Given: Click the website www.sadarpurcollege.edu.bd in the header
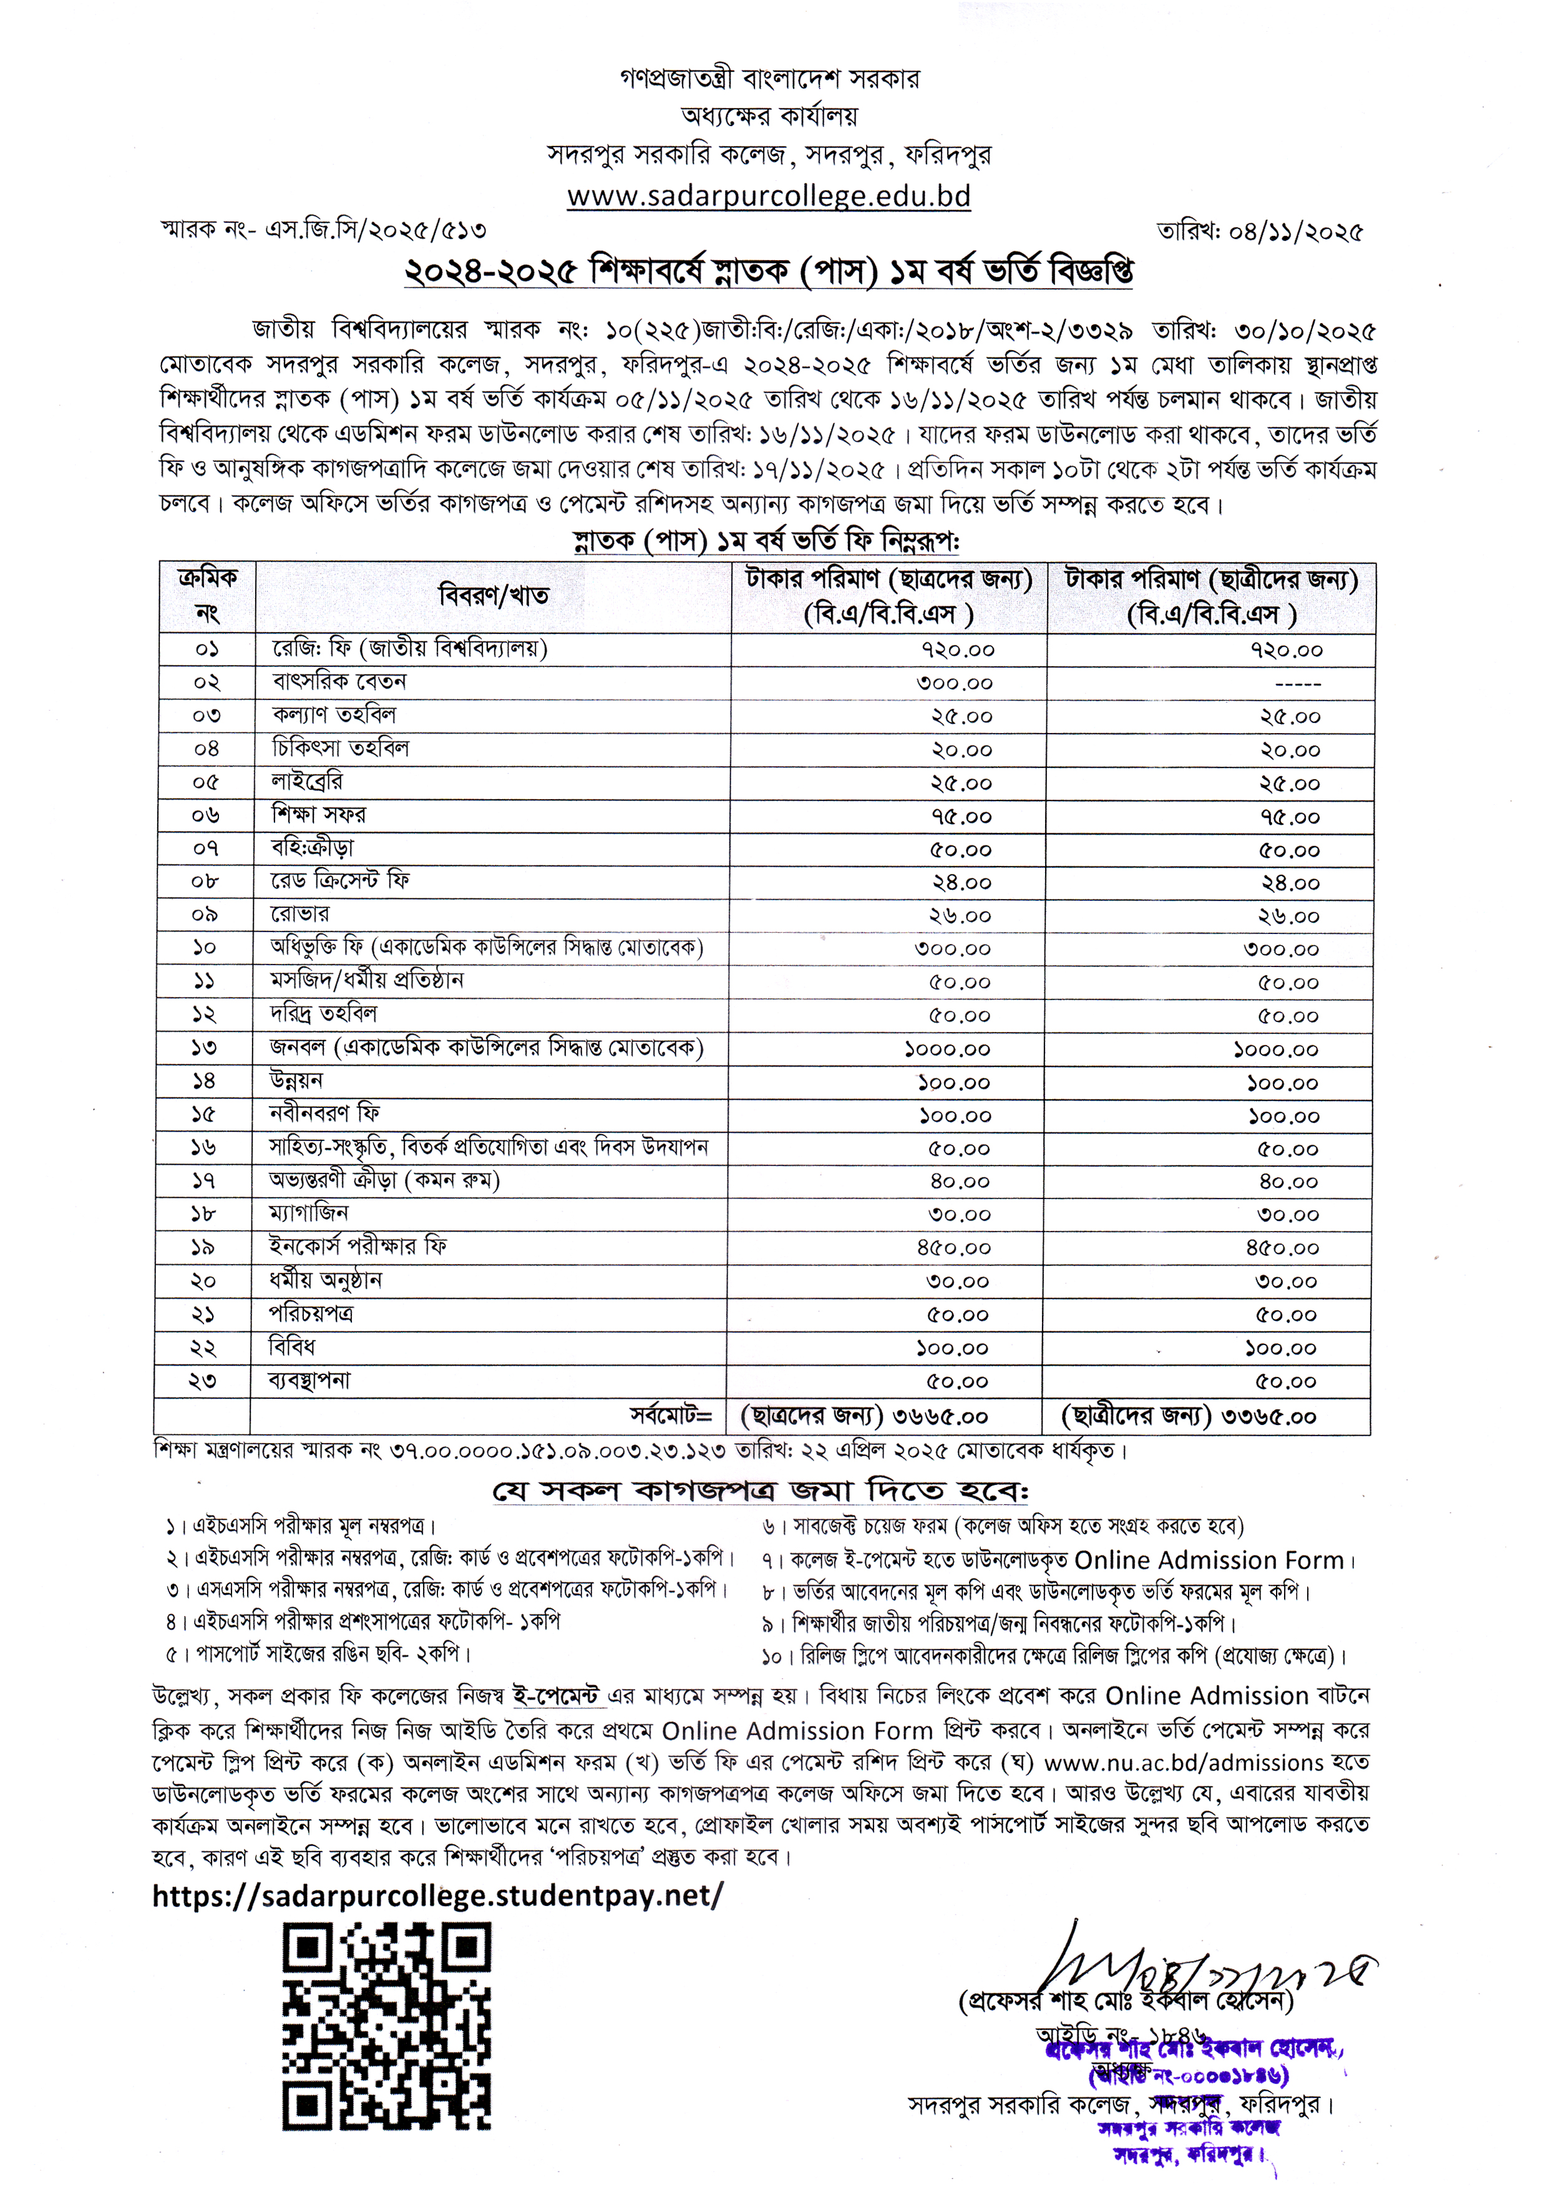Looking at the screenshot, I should [768, 197].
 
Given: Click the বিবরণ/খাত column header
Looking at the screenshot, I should [493, 596].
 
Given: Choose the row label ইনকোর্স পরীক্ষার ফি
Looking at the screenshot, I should [358, 1247].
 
